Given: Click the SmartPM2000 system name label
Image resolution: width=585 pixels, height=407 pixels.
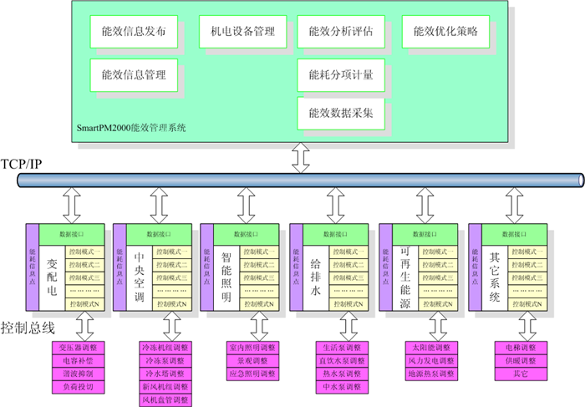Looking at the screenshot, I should coord(131,128).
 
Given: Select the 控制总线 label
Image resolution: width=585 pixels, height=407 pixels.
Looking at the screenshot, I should coord(28,328).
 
